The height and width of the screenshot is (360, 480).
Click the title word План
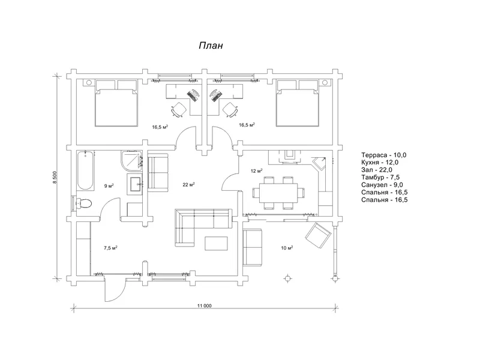211,46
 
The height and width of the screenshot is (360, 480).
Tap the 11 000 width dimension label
205,305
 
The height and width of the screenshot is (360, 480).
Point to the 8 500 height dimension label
55,176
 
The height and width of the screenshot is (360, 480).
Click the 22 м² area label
189,185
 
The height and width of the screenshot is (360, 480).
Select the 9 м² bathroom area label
109,186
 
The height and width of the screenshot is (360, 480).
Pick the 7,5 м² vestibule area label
111,248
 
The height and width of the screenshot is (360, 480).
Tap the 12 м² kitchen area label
257,171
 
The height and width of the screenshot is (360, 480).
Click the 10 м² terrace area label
287,248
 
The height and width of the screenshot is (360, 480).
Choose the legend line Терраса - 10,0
384,155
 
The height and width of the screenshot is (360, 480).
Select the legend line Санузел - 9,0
382,185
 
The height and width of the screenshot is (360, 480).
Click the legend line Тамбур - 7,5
380,177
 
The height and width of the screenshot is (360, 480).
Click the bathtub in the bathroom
85,170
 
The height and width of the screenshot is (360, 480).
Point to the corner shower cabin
131,160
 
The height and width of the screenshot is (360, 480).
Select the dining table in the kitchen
278,193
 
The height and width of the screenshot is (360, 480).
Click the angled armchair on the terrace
318,235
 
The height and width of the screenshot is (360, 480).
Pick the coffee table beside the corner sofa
216,244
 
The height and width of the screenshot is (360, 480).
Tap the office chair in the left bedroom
179,109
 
